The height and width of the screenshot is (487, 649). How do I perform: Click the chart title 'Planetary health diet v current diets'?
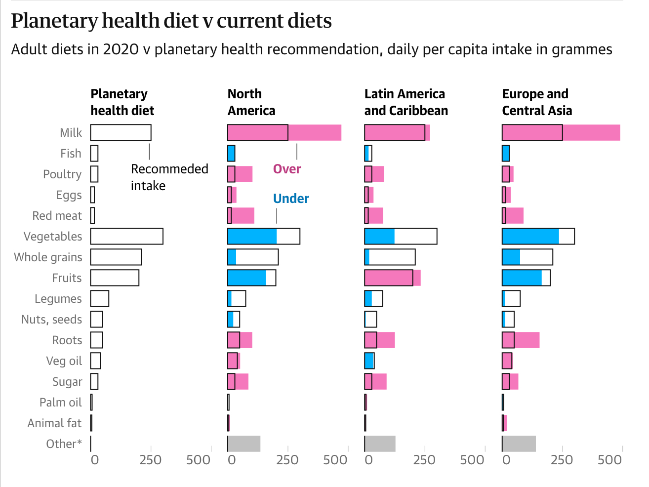pos(171,21)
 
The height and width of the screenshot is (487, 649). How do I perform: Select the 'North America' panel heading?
pos(251,102)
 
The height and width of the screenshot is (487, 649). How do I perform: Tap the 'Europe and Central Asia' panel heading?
pos(537,102)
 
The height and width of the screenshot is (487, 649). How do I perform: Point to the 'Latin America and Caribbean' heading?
pos(406,102)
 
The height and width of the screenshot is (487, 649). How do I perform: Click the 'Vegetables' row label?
pos(53,237)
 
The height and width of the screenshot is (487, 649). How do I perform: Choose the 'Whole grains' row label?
pos(48,257)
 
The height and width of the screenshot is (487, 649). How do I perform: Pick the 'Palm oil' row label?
pos(60,403)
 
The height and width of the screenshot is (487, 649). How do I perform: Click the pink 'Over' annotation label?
pos(287,169)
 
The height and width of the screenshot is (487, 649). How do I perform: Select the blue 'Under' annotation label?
pos(291,199)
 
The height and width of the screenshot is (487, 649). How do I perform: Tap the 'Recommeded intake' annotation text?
pos(169,177)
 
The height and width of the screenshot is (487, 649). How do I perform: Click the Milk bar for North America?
pos(284,133)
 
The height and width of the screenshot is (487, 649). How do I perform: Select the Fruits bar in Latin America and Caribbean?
pos(392,278)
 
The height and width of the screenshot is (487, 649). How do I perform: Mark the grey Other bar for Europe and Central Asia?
pos(519,444)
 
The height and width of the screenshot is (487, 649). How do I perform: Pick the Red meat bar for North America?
pos(241,216)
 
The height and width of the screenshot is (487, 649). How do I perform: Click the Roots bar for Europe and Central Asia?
pos(521,340)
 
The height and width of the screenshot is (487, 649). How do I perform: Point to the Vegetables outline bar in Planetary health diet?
pos(127,237)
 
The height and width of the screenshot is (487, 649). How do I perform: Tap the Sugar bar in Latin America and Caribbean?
pos(375,382)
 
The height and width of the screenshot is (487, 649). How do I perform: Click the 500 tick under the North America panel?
pos(335,460)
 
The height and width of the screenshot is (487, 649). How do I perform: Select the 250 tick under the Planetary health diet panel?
pos(151,460)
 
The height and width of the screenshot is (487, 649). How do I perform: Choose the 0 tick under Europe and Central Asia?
pos(506,460)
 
